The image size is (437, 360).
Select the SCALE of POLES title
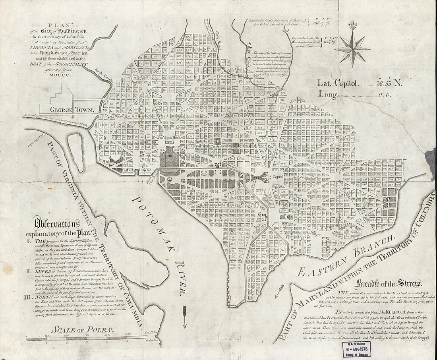coord(82,329)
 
